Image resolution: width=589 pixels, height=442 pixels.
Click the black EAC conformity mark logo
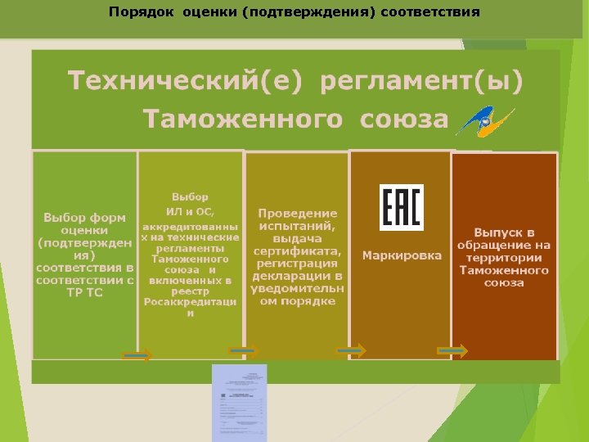click(401, 207)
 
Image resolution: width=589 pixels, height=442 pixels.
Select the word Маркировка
click(402, 255)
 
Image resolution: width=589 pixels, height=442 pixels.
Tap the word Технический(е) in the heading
click(186, 82)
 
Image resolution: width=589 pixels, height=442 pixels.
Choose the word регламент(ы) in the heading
click(421, 82)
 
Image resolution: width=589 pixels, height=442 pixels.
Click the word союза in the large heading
click(403, 120)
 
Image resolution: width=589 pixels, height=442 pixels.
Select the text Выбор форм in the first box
click(85, 218)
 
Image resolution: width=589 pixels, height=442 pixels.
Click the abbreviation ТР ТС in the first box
click(85, 291)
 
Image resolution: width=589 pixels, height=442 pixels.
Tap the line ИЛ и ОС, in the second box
click(190, 212)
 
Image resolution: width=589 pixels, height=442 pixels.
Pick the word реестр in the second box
click(190, 291)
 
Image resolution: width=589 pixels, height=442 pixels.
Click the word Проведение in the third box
click(298, 213)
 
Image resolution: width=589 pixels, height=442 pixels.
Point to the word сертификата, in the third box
click(298, 250)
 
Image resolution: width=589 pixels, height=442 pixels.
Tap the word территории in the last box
click(504, 257)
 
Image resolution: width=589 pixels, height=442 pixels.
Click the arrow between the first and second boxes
click(137, 355)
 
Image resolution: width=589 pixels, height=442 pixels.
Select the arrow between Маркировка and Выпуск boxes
click(452, 350)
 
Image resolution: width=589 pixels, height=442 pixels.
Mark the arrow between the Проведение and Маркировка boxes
click(351, 350)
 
